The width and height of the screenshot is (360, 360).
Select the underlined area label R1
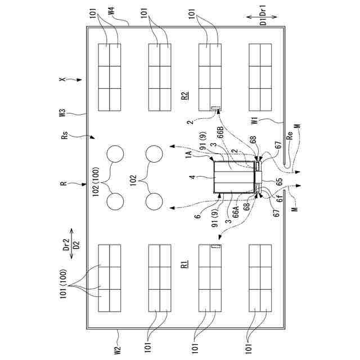(x=184, y=264)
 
